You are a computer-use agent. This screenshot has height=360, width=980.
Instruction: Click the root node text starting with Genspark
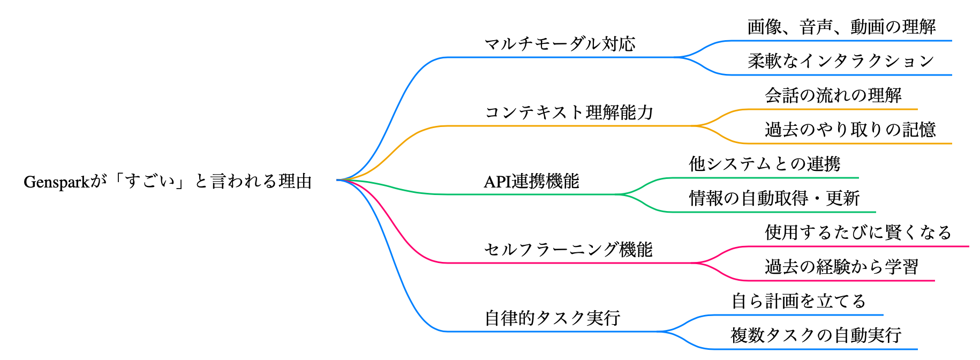[x=168, y=182]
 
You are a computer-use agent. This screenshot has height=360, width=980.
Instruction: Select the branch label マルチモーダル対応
[x=560, y=44]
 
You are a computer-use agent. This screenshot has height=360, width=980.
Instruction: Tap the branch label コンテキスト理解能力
[x=569, y=112]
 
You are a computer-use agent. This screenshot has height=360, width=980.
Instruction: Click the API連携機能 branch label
[x=531, y=182]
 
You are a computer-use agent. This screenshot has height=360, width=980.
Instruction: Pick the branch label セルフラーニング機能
[x=568, y=250]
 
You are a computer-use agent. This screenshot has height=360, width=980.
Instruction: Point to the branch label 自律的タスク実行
[x=552, y=318]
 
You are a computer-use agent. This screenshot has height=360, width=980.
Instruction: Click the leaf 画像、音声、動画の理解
[x=841, y=27]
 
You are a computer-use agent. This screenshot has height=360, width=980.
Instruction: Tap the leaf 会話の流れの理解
[x=833, y=95]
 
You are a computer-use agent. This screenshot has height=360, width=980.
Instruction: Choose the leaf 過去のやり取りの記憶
[x=850, y=130]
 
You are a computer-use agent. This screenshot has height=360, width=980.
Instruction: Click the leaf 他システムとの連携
[x=765, y=164]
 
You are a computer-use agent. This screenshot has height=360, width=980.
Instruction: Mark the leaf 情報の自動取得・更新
[x=774, y=198]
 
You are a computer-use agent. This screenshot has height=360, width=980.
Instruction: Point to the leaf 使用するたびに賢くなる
[x=858, y=232]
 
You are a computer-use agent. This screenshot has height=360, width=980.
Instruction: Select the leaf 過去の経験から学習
[x=841, y=267]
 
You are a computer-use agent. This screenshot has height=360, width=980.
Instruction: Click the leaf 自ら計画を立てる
[x=798, y=301]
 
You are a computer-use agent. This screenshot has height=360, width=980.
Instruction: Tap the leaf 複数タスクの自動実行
[x=816, y=335]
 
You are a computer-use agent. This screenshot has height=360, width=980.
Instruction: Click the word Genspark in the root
[x=56, y=182]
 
